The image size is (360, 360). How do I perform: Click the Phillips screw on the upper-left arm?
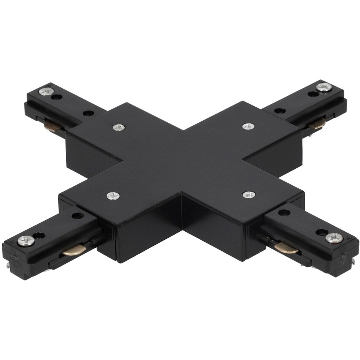[46, 91]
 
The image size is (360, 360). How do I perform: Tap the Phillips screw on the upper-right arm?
[324, 87]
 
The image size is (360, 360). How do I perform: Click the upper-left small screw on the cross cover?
[119, 127]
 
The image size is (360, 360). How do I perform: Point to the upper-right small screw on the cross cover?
[248, 126]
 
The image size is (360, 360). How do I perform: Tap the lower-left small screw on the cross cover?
[113, 195]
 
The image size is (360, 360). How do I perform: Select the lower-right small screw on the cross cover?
[249, 194]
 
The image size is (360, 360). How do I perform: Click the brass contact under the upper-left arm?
[52, 125]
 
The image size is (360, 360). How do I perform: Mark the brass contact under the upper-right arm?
[317, 123]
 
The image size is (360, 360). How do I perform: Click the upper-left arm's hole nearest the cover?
[88, 113]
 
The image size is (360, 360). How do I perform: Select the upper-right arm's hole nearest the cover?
[280, 111]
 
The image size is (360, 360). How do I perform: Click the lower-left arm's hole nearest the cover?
[78, 216]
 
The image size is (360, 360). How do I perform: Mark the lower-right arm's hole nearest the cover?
[284, 213]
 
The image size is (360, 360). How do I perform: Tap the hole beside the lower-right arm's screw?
[321, 232]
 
